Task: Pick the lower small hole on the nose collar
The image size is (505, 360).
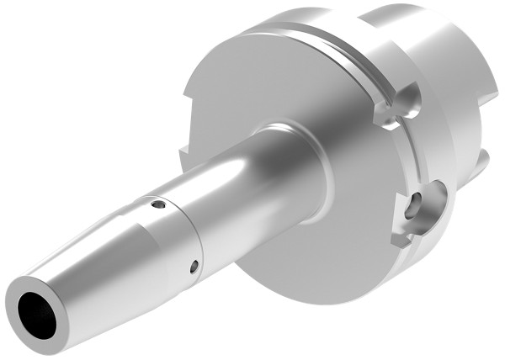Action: [194, 266]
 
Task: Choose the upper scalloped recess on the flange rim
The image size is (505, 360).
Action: [402, 105]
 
